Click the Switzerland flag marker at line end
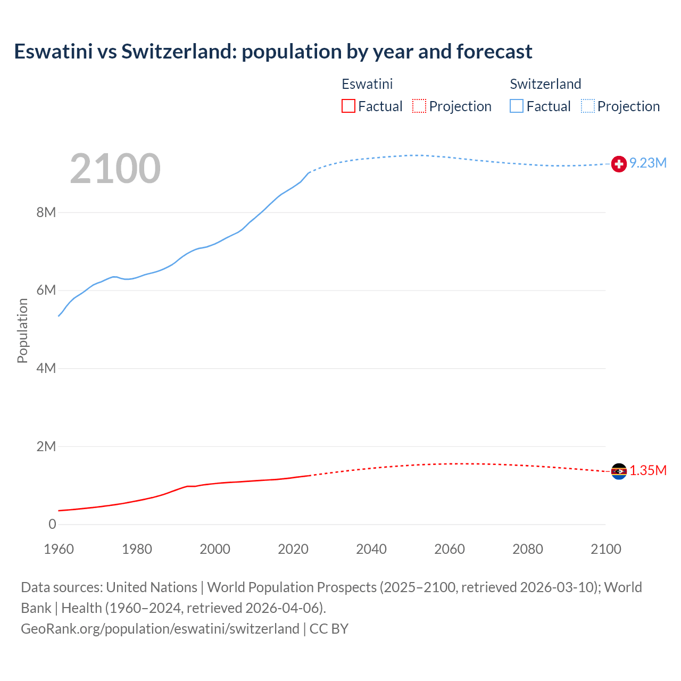point(619,164)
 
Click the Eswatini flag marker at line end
point(619,471)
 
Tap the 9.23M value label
point(648,163)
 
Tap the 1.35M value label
point(648,470)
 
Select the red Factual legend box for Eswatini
point(348,106)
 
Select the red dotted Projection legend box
point(419,106)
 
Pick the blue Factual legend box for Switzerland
point(516,106)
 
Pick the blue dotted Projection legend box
point(588,106)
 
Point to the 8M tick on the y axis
point(46,212)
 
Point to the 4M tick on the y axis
point(46,368)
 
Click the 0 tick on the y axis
point(52,524)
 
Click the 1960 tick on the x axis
point(59,549)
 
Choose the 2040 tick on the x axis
point(371,549)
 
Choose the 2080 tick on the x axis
point(528,549)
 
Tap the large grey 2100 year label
point(115,169)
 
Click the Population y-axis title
point(22,330)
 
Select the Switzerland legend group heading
point(545,84)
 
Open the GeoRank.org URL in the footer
point(160,628)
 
